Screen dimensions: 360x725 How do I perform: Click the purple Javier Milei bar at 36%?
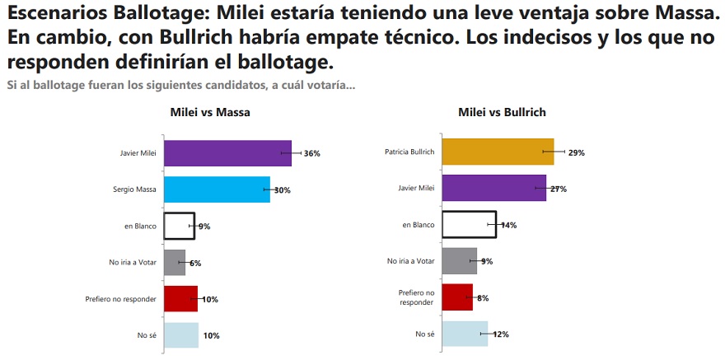[227, 153]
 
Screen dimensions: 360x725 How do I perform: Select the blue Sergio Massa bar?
[217, 189]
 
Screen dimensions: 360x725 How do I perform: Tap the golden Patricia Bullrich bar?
[498, 152]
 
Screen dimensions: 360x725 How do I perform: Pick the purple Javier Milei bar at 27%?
[494, 189]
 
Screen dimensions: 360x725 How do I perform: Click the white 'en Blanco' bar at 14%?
[470, 225]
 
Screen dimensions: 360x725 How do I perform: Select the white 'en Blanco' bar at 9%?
[179, 226]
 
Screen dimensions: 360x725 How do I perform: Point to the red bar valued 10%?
[180, 299]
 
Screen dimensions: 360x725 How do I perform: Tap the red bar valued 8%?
[457, 297]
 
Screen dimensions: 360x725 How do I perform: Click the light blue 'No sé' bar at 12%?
[465, 334]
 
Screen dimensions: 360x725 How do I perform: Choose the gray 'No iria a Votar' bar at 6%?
[175, 262]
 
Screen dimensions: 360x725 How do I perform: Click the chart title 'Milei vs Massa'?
[210, 112]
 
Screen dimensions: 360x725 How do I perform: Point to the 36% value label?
[311, 153]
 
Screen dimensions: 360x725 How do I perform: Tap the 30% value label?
[283, 190]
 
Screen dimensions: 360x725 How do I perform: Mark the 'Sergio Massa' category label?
[134, 189]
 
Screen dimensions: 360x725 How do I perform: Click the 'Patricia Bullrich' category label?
[409, 152]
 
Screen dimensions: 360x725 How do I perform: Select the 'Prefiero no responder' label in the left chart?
[120, 299]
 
